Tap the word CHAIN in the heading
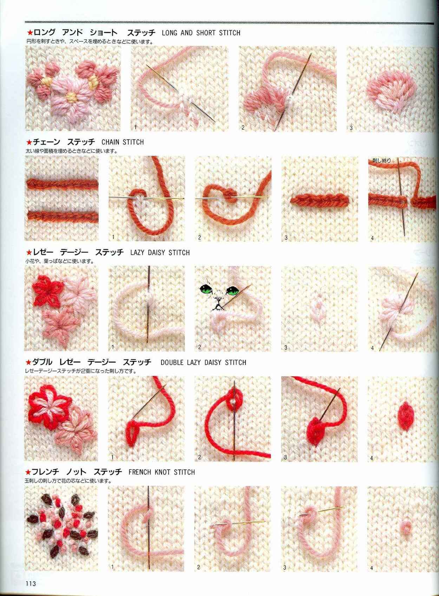(x=111, y=142)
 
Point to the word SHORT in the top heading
(x=206, y=33)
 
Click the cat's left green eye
(x=205, y=289)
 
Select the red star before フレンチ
(x=28, y=472)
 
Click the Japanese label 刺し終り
(x=381, y=160)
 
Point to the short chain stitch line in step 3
(x=319, y=202)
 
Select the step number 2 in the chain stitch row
(x=199, y=237)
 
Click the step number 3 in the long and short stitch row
(x=351, y=128)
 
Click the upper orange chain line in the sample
(x=62, y=183)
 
